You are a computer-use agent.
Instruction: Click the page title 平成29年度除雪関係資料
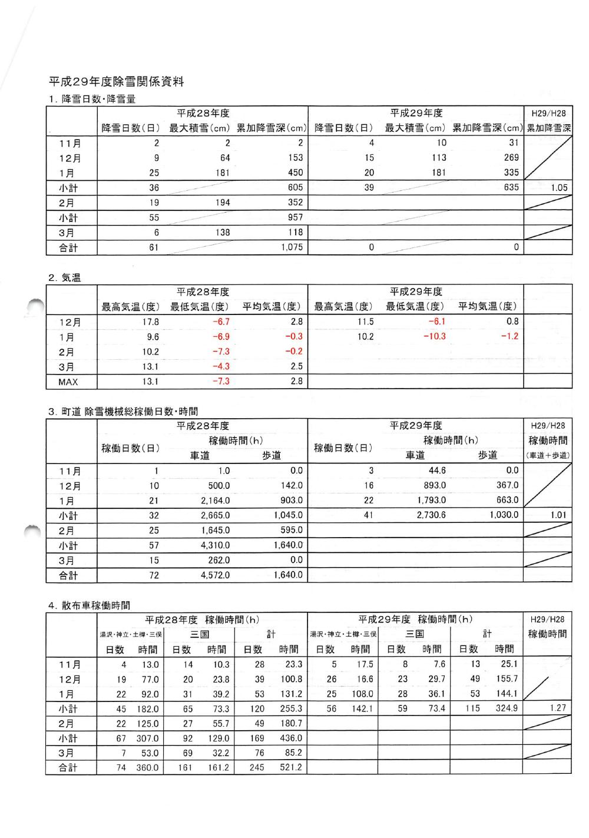pyautogui.click(x=116, y=82)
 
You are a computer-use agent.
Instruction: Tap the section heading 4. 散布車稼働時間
pyautogui.click(x=89, y=605)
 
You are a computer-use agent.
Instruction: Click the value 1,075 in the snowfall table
pyautogui.click(x=292, y=247)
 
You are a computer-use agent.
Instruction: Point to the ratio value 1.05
pyautogui.click(x=559, y=188)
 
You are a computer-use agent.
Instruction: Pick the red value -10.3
pyautogui.click(x=435, y=336)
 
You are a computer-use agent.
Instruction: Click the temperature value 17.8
pyautogui.click(x=151, y=322)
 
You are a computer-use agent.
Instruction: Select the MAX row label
pyautogui.click(x=68, y=382)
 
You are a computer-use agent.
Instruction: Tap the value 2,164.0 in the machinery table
pyautogui.click(x=216, y=501)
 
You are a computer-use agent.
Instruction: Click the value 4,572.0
pyautogui.click(x=216, y=575)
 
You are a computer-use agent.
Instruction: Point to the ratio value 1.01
pyautogui.click(x=558, y=515)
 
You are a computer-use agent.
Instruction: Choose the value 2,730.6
pyautogui.click(x=431, y=515)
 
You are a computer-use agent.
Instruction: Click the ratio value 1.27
pyautogui.click(x=557, y=708)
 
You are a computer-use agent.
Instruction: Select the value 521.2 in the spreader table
pyautogui.click(x=291, y=767)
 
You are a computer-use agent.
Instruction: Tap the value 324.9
pyautogui.click(x=506, y=708)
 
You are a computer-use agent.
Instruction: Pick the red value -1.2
pyautogui.click(x=509, y=336)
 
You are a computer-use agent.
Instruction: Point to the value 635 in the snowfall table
pyautogui.click(x=511, y=187)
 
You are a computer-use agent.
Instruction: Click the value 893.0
pyautogui.click(x=435, y=486)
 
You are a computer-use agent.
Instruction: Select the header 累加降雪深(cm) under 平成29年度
pyautogui.click(x=488, y=128)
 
